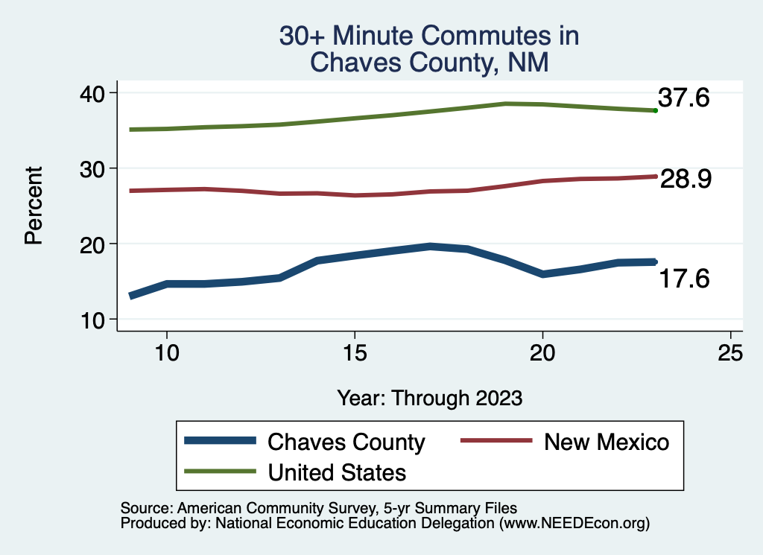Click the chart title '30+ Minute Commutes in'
point(428,36)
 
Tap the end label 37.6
point(683,98)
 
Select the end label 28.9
point(686,179)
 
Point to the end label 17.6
point(683,279)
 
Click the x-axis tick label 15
point(355,353)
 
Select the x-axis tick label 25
point(731,353)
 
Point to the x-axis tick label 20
point(542,353)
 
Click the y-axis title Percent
point(33,206)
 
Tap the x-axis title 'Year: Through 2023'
point(429,398)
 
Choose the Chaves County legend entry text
point(346,442)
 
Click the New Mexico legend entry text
point(607,442)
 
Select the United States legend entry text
point(337,472)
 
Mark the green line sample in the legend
point(220,472)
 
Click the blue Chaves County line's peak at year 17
point(430,246)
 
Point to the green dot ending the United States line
point(655,110)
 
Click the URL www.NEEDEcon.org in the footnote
point(572,524)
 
